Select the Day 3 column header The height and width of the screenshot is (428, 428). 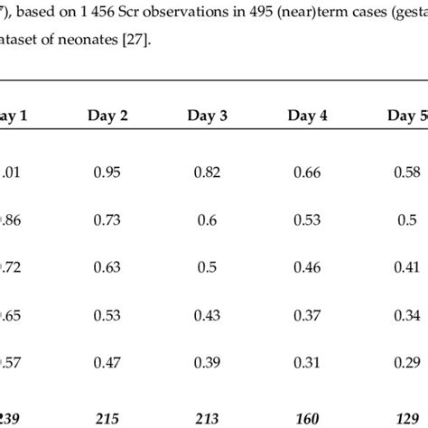[x=208, y=115]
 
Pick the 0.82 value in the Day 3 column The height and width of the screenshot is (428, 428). [x=208, y=172]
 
